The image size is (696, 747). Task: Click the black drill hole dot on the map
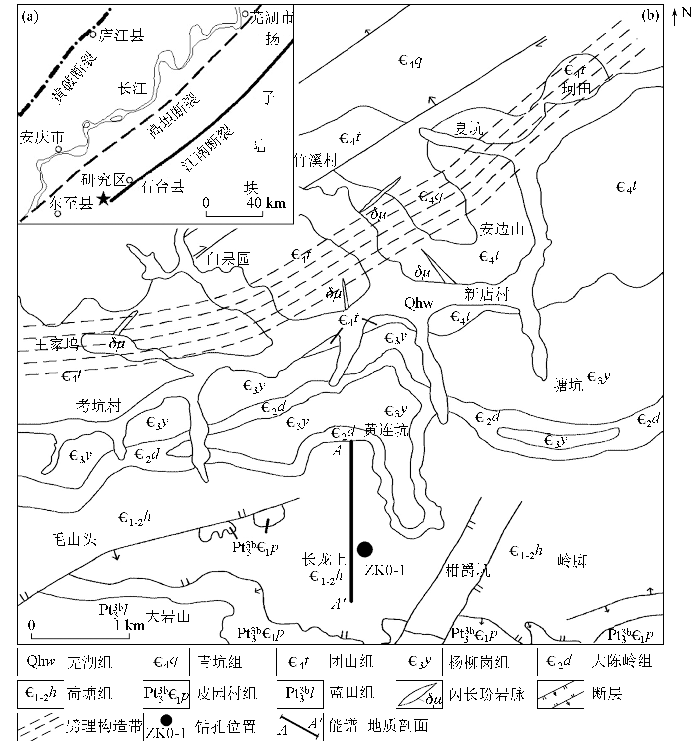(364, 550)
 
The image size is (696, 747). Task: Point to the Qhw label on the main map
(419, 303)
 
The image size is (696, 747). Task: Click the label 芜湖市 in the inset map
(272, 17)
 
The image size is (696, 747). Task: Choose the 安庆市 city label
(42, 137)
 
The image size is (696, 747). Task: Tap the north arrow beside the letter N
(675, 17)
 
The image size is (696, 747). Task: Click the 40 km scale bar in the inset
(234, 213)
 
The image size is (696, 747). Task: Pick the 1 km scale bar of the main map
(80, 636)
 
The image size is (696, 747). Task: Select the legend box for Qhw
(41, 662)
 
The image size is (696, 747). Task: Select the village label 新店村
(486, 294)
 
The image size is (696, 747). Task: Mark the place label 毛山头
(74, 540)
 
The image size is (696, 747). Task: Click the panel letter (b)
(650, 15)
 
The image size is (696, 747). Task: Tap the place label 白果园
(228, 259)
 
